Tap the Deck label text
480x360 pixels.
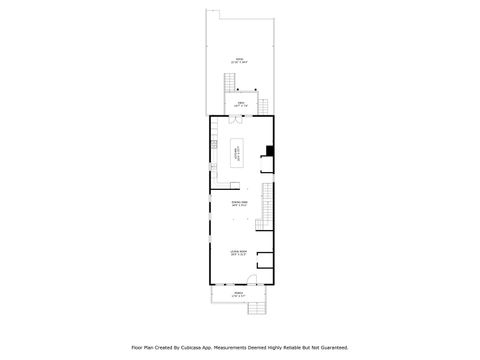click(240, 104)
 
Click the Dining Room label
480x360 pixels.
click(240, 204)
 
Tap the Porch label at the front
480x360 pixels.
click(240, 295)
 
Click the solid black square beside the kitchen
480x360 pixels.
click(269, 153)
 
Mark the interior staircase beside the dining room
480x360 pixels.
click(267, 205)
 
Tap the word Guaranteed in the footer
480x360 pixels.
click(330, 347)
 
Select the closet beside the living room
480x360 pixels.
click(265, 262)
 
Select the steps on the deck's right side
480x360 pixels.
click(265, 105)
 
